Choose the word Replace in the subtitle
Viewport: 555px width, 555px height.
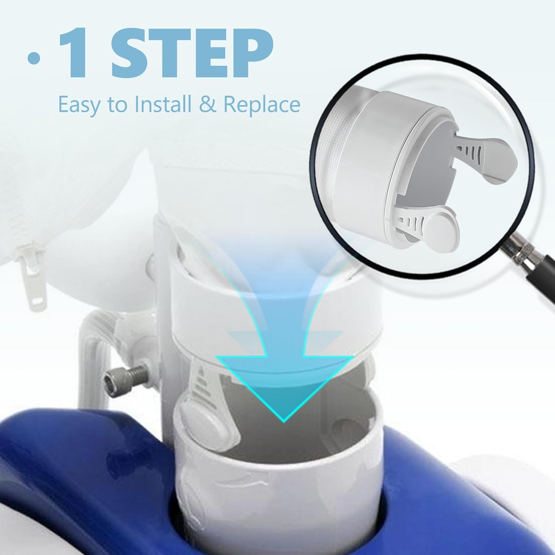(x=261, y=105)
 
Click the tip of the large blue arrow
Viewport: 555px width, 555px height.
(x=283, y=421)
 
